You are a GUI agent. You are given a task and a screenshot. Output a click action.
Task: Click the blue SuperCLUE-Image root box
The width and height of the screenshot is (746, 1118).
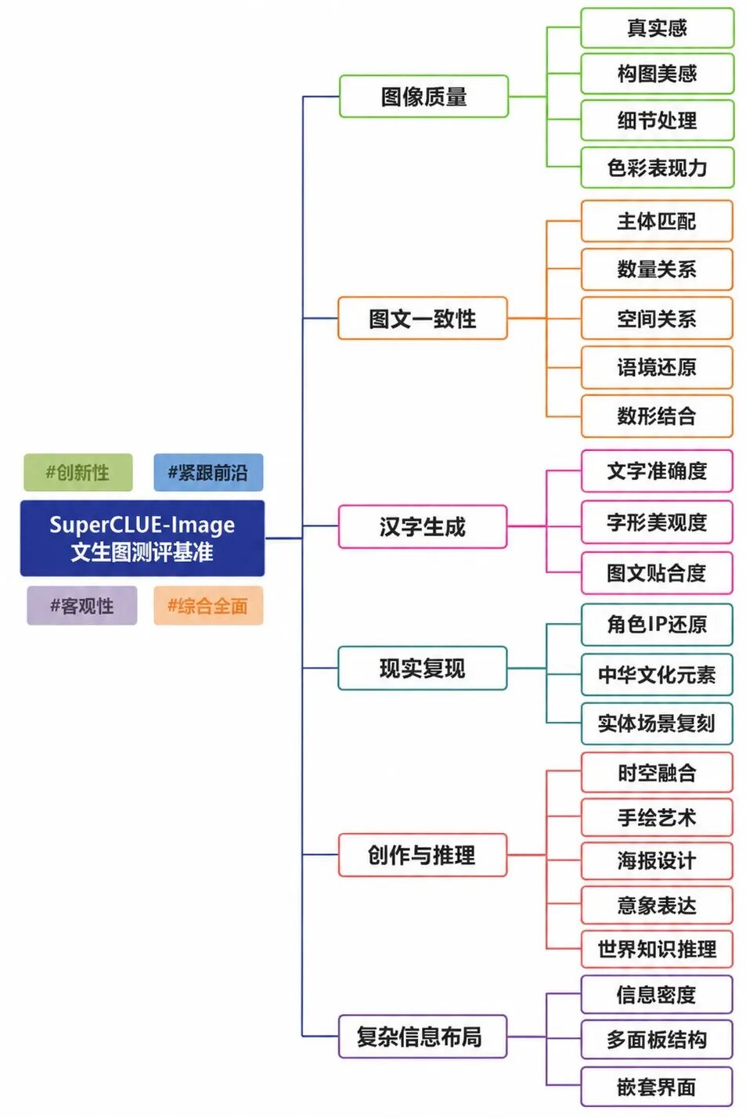[142, 538]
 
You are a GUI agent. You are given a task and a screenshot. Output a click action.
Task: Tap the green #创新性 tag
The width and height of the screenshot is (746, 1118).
[78, 472]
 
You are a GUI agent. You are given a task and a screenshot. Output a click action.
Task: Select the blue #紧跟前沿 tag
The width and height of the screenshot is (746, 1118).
[208, 472]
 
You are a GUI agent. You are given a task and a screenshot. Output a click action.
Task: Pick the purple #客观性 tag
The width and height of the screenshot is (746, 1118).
[82, 605]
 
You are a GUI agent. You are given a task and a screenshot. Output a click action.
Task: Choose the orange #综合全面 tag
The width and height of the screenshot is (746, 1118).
[208, 605]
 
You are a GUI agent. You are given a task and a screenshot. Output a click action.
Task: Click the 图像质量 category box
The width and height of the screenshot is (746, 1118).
[423, 96]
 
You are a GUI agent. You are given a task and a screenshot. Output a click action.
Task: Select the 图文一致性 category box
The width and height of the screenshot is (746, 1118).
[422, 319]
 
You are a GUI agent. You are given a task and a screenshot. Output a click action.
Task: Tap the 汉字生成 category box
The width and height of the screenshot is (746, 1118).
[422, 527]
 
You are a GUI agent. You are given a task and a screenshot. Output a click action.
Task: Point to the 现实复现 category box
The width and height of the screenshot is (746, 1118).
[422, 669]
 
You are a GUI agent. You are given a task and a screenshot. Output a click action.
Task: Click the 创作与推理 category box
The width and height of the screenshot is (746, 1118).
[422, 855]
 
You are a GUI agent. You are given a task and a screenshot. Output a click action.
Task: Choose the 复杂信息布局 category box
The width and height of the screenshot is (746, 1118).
[422, 1037]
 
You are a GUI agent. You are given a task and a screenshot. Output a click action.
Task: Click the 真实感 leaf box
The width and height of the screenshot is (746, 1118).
[658, 28]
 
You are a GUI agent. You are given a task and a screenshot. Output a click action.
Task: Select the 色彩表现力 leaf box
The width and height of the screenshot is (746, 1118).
[658, 168]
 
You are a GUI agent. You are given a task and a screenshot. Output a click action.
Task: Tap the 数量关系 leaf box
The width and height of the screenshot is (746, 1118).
[657, 269]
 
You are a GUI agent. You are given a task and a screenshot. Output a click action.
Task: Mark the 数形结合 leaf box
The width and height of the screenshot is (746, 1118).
[657, 417]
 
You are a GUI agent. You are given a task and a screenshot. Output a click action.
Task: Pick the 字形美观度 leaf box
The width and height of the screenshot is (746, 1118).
[657, 522]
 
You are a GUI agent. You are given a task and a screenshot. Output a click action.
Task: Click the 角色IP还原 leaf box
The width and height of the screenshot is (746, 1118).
[657, 625]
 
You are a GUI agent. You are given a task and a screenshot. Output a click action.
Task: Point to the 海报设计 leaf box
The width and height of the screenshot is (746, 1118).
[657, 861]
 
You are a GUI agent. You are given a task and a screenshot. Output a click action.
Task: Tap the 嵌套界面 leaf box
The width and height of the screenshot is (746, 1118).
[657, 1087]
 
